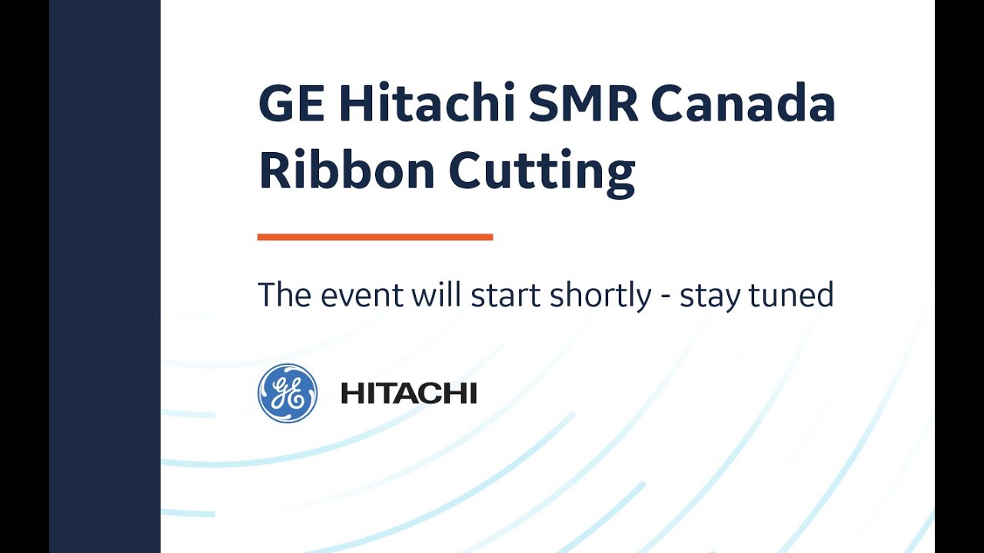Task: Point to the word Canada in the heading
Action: [743, 105]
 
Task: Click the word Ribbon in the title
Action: [347, 171]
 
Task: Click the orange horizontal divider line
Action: [375, 237]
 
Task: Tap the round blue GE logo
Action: [288, 393]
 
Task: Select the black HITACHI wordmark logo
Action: [409, 394]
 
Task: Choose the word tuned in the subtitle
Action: [795, 295]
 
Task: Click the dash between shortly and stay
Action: [666, 296]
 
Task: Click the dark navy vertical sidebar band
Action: [105, 276]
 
